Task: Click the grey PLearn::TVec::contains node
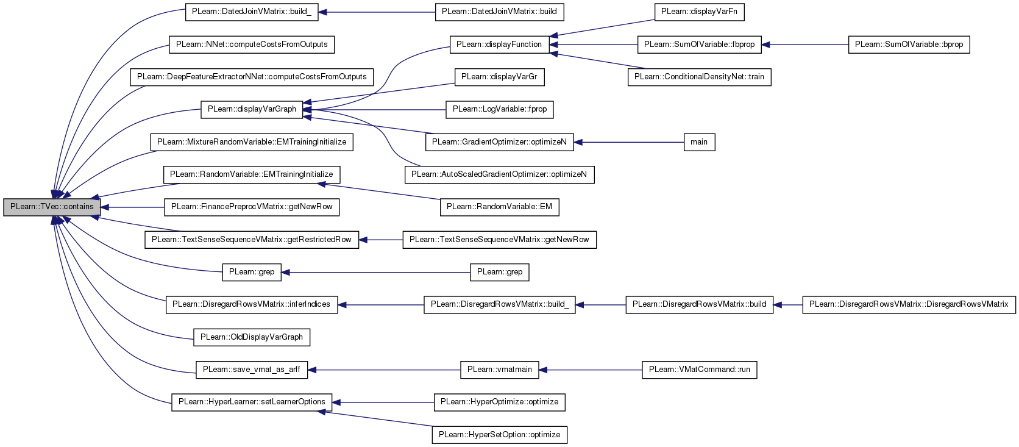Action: point(52,207)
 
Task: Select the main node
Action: point(699,143)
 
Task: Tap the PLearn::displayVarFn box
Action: point(699,12)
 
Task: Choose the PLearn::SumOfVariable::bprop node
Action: point(909,45)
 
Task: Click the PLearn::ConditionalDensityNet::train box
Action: point(699,77)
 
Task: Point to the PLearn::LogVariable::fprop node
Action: point(500,110)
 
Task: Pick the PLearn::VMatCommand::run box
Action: point(699,370)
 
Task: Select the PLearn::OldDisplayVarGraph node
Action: point(252,337)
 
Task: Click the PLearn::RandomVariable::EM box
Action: point(500,207)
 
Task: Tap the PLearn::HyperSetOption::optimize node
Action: point(500,435)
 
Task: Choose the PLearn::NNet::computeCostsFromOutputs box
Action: point(252,45)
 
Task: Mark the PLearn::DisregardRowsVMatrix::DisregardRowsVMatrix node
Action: point(909,304)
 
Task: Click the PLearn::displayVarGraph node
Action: point(252,110)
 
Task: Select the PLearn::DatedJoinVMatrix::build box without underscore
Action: point(500,12)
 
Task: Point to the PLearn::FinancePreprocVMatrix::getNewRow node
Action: point(252,207)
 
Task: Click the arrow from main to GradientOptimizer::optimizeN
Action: point(629,143)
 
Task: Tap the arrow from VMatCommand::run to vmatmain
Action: point(591,370)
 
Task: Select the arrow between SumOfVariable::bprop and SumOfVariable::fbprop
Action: point(804,45)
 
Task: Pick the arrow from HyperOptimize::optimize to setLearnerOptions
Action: point(383,402)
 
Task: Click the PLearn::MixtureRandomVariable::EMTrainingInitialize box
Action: point(252,143)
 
